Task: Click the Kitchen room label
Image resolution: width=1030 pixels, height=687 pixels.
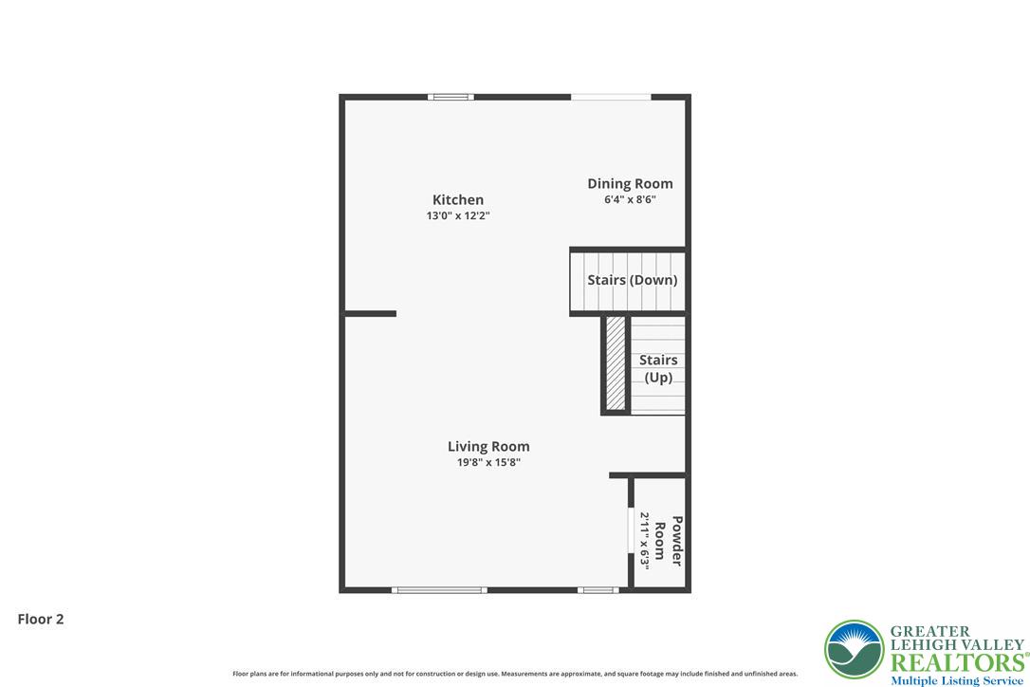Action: point(458,199)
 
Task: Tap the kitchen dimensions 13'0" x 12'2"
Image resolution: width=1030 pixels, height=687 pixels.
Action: point(458,216)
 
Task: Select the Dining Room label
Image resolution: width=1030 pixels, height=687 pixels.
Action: point(630,184)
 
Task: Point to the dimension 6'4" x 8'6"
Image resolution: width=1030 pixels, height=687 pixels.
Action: point(630,200)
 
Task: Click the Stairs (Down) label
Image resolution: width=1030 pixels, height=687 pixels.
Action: point(632,280)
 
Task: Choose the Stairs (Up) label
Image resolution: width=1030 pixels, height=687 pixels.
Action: point(658,368)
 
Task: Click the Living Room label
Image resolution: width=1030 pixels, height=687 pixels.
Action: point(488,446)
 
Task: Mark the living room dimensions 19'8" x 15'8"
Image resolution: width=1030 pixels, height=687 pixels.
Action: point(488,463)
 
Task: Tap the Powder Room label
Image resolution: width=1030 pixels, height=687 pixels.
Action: point(669,541)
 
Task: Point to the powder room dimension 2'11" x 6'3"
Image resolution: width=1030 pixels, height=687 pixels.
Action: point(644,541)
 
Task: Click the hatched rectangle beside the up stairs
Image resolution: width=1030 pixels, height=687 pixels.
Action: point(616,363)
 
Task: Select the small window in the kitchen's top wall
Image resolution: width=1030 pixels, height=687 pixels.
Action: point(450,97)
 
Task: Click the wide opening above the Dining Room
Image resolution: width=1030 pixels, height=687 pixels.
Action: point(610,97)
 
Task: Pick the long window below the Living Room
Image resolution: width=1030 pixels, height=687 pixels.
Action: point(439,590)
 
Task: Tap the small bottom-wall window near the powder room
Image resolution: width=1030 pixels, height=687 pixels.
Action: point(598,590)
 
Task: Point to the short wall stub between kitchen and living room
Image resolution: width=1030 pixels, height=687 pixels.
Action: point(370,313)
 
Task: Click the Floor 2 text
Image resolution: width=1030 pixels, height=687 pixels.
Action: point(41,619)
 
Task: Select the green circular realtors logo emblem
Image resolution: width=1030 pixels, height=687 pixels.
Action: point(854,649)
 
